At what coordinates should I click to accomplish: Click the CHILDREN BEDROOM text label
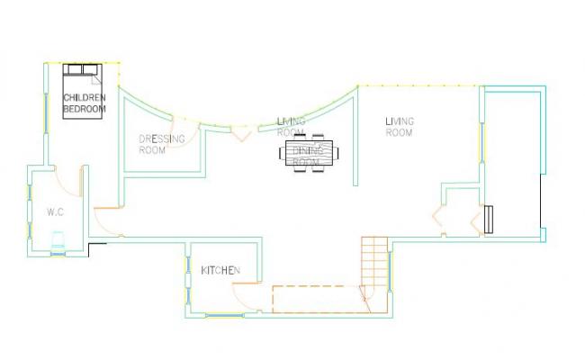pos(84,103)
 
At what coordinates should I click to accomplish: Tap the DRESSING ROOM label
pos(162,145)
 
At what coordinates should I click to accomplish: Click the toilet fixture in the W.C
pos(58,239)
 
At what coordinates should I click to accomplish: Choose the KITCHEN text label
pos(220,271)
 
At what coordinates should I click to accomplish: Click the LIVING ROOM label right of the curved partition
pos(399,127)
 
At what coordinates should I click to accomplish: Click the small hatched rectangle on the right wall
pos(489,220)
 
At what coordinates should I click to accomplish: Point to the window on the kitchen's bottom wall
pos(222,315)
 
